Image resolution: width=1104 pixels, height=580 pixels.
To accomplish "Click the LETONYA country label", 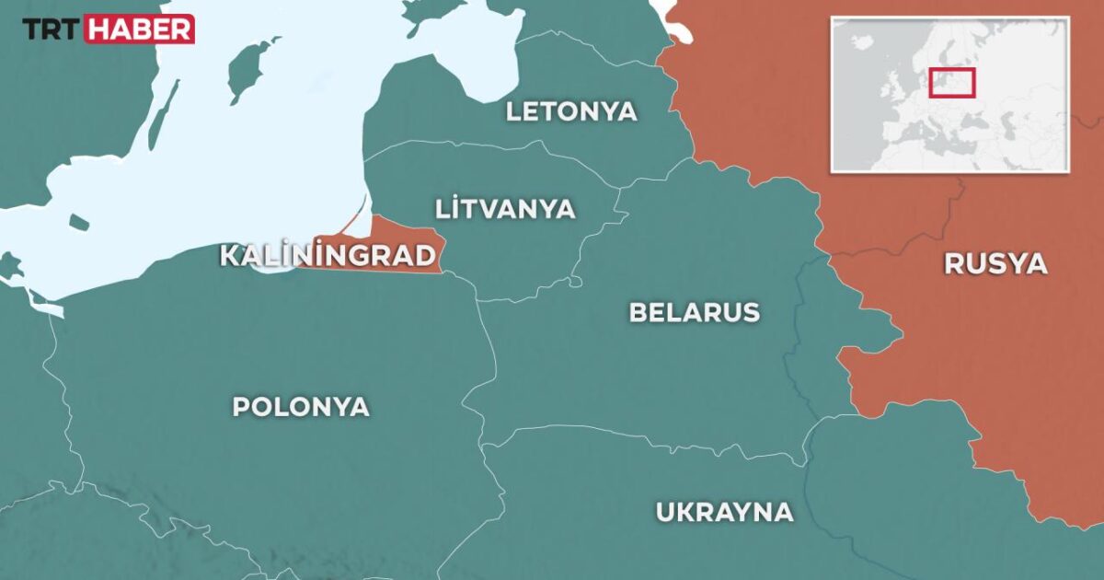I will click(x=570, y=111).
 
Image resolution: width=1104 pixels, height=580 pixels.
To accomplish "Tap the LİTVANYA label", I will click(x=505, y=208).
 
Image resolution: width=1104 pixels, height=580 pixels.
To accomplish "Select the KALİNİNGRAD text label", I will click(x=328, y=255).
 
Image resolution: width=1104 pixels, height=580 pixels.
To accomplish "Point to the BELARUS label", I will click(x=694, y=312).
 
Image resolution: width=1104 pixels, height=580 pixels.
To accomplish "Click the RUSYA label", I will click(x=995, y=264).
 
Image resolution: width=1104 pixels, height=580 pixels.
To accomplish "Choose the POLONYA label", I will click(x=301, y=406).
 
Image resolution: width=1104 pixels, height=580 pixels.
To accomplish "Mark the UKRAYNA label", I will click(x=723, y=512).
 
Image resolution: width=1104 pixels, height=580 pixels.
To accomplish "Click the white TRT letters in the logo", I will click(x=52, y=29).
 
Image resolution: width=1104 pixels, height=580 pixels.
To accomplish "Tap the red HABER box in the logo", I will click(x=139, y=29).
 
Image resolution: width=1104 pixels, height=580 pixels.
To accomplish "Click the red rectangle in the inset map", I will click(x=951, y=83).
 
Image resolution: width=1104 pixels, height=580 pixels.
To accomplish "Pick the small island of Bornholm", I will click(x=78, y=222).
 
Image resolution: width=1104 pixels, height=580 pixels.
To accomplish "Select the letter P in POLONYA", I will click(x=241, y=406).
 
